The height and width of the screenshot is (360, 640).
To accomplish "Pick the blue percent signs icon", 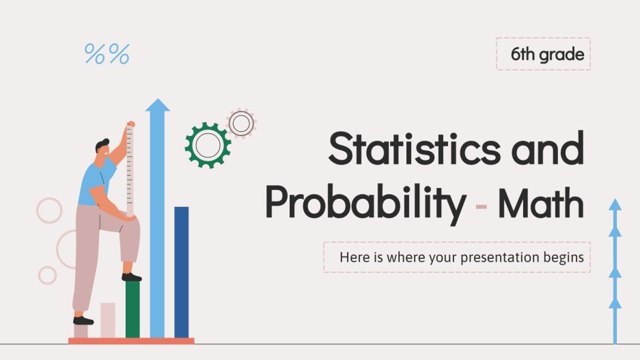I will [x=107, y=55].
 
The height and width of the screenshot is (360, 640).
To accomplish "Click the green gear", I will [x=208, y=145].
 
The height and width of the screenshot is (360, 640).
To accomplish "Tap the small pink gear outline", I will [x=240, y=124].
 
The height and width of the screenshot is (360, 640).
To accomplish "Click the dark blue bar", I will [x=181, y=271].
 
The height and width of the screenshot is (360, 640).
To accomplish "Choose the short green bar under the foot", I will [x=133, y=309].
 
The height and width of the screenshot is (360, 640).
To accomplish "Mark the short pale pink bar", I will [x=108, y=320].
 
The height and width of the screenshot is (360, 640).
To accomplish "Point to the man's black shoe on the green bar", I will [x=132, y=277].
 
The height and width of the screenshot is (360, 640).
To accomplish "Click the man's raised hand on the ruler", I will [x=130, y=125].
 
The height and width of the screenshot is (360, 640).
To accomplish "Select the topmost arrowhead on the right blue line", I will [x=615, y=204].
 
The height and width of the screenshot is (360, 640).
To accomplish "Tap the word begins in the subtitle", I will [x=564, y=258].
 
